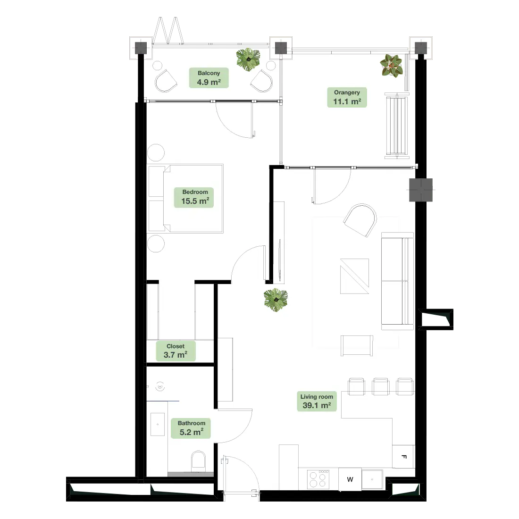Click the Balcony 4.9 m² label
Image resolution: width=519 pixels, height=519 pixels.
point(209,78)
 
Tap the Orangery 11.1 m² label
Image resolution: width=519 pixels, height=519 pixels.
point(347,97)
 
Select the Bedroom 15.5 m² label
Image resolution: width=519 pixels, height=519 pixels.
point(194,197)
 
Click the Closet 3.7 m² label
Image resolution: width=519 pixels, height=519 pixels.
point(176,351)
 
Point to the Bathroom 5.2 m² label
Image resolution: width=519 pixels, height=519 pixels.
point(191,428)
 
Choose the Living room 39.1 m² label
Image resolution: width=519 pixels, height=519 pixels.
point(317,401)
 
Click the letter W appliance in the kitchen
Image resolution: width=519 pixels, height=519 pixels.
point(350,479)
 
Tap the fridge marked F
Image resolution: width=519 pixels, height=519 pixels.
point(403,456)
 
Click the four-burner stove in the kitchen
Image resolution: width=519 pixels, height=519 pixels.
point(318,479)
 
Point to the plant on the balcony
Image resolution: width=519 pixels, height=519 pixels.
point(248,59)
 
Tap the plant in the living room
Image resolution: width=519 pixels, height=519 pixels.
point(276,300)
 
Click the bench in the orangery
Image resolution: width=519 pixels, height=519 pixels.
point(397,126)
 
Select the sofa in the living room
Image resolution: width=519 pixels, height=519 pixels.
point(397,281)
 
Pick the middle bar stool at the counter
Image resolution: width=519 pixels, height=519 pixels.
point(380,386)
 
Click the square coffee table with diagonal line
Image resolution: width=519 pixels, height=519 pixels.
point(354,276)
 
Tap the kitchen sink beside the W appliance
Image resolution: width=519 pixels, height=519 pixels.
point(372,479)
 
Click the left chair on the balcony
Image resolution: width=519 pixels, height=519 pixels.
point(166,80)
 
